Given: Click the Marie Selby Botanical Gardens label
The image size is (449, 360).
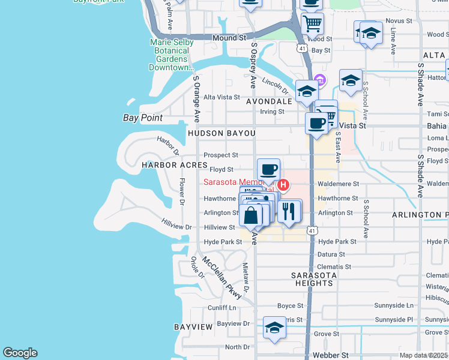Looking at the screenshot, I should tap(171, 55).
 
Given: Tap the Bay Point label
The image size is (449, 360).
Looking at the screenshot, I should tap(143, 118).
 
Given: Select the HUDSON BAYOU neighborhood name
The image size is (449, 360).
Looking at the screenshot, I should tap(221, 133).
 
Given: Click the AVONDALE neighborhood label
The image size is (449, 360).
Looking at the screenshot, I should tap(268, 101).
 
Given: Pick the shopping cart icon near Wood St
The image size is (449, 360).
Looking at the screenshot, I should tap(312, 24).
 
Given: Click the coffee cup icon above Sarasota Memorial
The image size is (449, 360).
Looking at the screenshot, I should tap(268, 170).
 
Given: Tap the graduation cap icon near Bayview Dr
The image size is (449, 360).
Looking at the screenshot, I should tap(274, 328).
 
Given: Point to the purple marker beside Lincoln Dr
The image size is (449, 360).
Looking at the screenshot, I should tap(320, 80).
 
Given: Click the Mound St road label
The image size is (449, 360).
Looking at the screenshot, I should tap(230, 37).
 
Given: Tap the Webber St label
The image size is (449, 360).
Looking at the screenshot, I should tap(330, 355).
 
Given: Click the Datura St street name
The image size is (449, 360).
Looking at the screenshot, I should tap(331, 254).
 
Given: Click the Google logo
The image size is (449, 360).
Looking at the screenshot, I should tap(20, 353).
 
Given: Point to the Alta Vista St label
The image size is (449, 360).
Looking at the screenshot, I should tap(221, 97).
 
